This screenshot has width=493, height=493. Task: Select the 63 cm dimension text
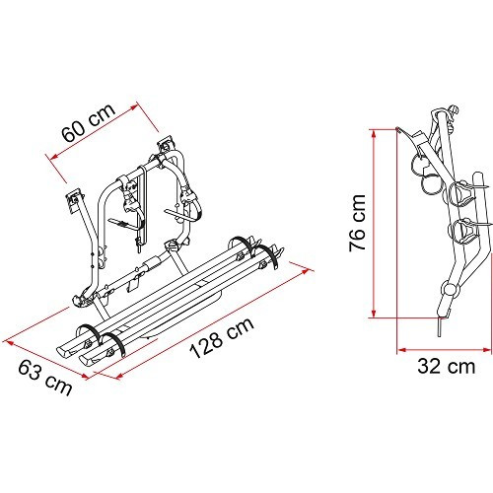pos(41,377)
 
